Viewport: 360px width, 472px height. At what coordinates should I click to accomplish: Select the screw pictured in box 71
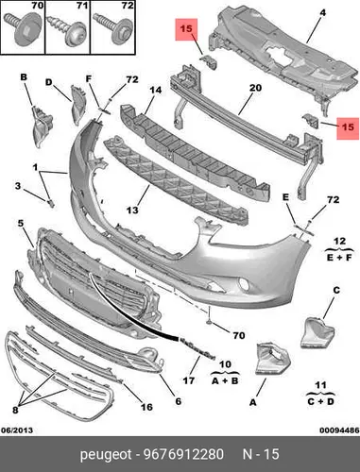click(x=67, y=30)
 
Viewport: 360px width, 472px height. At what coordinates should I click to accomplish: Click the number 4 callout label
click(x=322, y=13)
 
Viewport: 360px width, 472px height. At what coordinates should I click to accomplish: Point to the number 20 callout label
click(x=255, y=88)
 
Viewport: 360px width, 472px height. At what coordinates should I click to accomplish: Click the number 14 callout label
click(x=155, y=91)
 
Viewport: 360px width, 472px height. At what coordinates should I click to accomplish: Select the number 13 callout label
click(x=132, y=210)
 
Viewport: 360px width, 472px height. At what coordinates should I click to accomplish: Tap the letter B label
click(x=24, y=77)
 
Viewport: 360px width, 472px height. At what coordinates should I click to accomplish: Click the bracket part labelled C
click(x=317, y=333)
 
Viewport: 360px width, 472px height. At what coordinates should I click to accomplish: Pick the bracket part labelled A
click(x=272, y=360)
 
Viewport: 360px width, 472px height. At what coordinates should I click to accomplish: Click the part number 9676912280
click(x=183, y=454)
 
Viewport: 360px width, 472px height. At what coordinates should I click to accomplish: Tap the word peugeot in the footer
click(x=106, y=455)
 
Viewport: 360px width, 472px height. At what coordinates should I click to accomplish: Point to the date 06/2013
click(x=17, y=430)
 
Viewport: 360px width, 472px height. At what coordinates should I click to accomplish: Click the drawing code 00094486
click(x=339, y=430)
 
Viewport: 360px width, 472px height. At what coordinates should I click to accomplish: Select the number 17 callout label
click(x=188, y=380)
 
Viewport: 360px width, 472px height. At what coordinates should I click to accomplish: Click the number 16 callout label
click(x=146, y=407)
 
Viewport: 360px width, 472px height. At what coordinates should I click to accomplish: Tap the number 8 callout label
click(x=15, y=410)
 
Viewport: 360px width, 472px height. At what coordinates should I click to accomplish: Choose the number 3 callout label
click(x=18, y=186)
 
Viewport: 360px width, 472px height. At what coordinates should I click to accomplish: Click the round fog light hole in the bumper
click(x=245, y=284)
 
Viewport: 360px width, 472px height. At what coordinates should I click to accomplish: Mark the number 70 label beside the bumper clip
click(x=239, y=335)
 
